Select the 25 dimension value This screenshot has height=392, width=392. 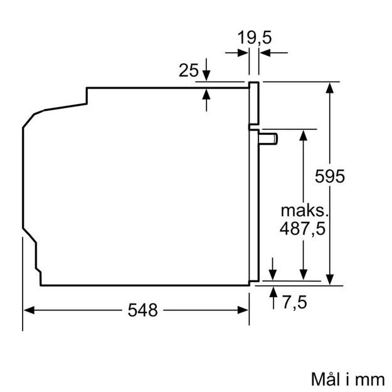(x=188, y=70)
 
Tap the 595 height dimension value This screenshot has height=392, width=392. (x=330, y=177)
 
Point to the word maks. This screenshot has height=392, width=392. (x=304, y=209)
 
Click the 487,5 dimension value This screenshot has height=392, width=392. (x=303, y=229)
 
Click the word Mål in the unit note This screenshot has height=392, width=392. (x=326, y=379)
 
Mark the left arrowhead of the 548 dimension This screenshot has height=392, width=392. (x=28, y=309)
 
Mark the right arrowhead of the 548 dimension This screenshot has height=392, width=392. (x=245, y=309)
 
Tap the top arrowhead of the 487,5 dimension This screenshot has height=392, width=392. (x=303, y=134)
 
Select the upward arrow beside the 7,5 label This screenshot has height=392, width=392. (x=273, y=292)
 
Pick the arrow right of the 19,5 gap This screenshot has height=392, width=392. (x=264, y=53)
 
